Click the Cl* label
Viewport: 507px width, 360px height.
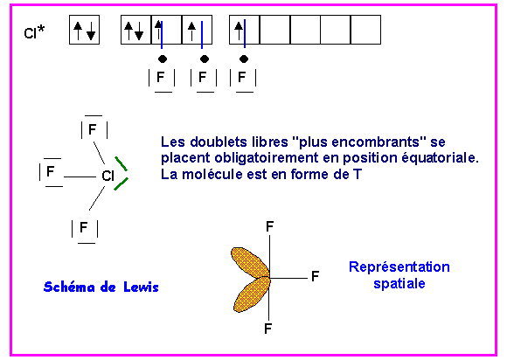point(34,31)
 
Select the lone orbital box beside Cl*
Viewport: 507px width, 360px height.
point(85,30)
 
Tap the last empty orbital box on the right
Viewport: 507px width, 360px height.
point(365,30)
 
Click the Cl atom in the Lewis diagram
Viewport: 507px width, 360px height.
point(108,176)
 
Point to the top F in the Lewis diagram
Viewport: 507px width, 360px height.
point(93,129)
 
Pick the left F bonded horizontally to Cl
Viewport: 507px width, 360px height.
point(50,171)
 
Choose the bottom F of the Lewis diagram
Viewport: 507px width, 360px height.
point(83,227)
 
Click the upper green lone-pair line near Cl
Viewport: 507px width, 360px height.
point(121,163)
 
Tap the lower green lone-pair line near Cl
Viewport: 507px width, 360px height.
point(122,183)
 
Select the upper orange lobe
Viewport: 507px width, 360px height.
point(250,262)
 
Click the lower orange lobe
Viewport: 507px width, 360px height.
point(252,294)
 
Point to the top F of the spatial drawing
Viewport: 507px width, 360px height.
point(269,226)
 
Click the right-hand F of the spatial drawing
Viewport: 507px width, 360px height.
point(316,276)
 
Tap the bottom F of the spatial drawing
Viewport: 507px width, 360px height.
point(267,329)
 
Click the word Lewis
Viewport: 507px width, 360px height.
point(141,287)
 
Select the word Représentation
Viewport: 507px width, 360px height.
point(399,267)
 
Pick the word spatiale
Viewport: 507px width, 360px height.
point(399,283)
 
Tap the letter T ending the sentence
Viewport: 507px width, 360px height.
point(358,175)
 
